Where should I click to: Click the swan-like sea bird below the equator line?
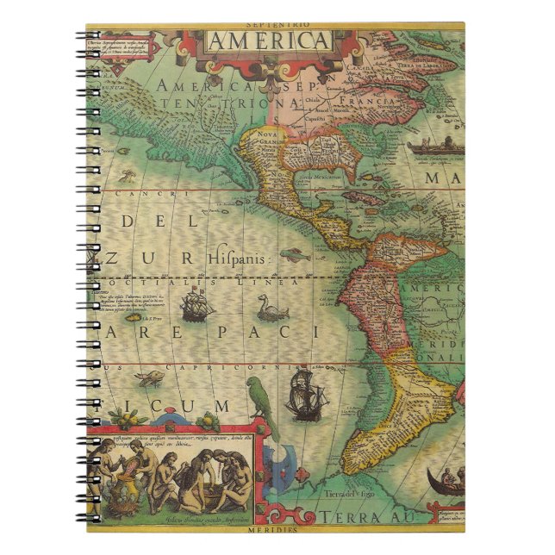pos(270,306)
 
